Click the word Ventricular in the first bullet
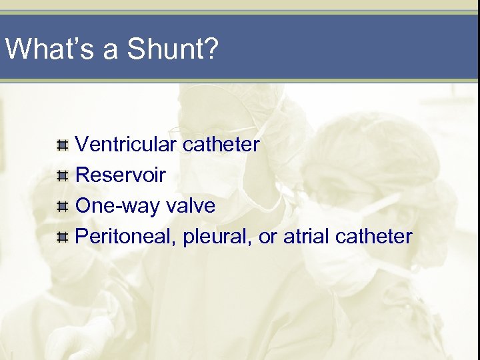[x=126, y=143]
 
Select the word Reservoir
[x=121, y=175]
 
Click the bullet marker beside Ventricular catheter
[x=62, y=144]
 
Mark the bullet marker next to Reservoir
[x=62, y=175]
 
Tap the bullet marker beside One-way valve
[x=62, y=206]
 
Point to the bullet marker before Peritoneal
[x=62, y=237]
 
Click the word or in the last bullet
[x=267, y=237]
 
